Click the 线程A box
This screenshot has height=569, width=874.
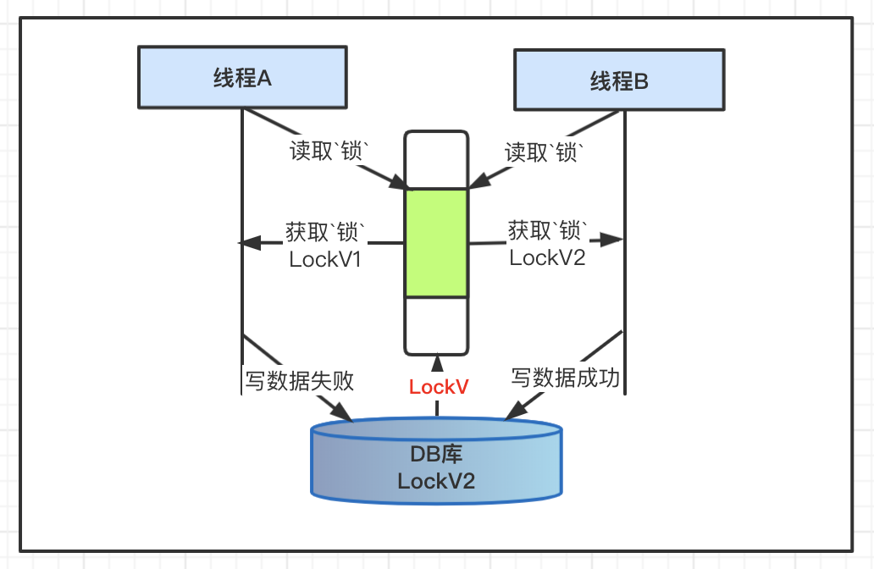[241, 78]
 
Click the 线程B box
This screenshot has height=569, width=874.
[619, 80]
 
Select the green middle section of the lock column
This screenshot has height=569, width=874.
[436, 242]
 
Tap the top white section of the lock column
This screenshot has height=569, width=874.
[436, 159]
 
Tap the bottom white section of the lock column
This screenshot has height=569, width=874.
[436, 325]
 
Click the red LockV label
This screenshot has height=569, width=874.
[439, 387]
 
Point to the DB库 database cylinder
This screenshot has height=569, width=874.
[436, 461]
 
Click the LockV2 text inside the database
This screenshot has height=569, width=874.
[436, 482]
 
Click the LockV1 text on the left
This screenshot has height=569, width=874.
[325, 259]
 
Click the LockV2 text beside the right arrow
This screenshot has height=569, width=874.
[547, 257]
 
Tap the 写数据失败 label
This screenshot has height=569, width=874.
[299, 380]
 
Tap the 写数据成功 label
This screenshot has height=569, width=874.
[565, 378]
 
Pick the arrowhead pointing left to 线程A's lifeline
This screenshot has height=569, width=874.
[247, 243]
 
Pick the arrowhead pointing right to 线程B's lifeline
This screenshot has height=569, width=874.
[617, 240]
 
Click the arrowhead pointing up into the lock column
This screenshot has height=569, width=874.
[437, 362]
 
